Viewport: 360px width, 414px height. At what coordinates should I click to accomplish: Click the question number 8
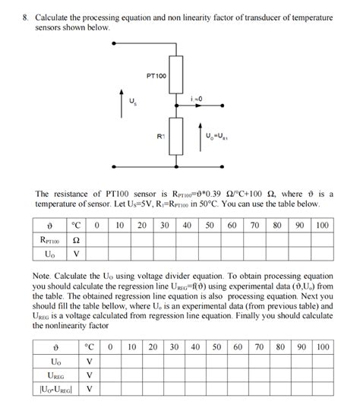25,17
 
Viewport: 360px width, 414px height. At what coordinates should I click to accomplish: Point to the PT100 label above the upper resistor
156,76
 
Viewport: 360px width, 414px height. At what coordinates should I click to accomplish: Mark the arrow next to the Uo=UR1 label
201,134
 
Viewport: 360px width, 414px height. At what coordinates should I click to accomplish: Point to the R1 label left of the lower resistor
161,136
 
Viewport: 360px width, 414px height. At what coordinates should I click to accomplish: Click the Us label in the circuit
134,102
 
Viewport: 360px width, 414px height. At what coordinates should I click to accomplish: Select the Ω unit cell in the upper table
76,240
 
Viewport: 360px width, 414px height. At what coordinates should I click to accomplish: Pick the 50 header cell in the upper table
209,226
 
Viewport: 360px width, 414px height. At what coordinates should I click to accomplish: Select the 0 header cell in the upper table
97,226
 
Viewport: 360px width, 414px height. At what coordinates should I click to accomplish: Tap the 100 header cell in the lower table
323,347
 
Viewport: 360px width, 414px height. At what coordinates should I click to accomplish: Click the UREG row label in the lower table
55,376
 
